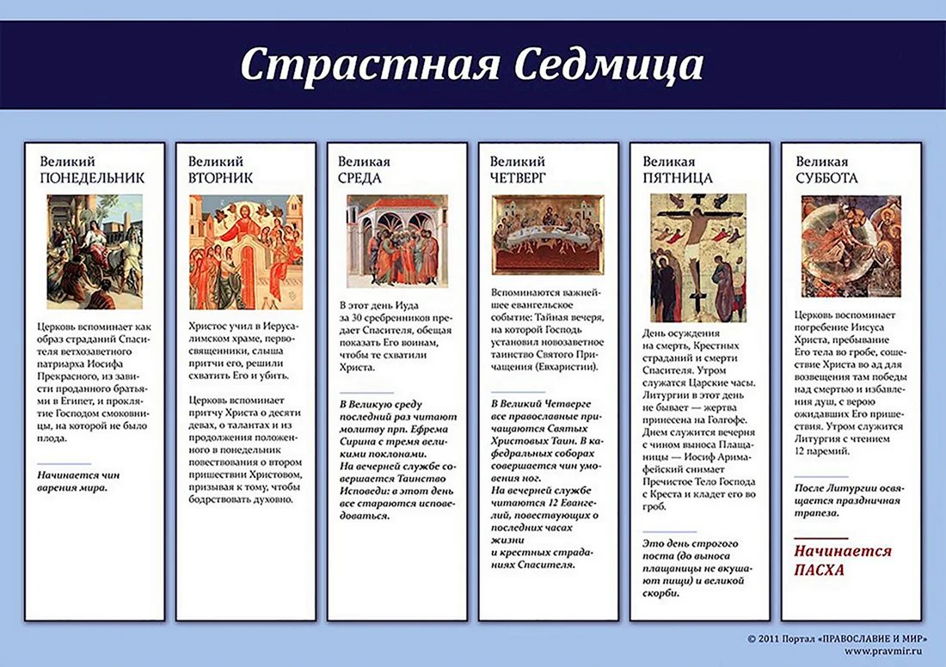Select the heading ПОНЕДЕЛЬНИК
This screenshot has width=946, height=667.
(92, 178)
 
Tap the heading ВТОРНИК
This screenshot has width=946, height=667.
(220, 178)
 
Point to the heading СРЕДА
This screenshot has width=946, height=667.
(359, 178)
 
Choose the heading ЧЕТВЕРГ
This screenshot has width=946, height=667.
(518, 178)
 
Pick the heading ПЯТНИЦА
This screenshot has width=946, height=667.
(678, 178)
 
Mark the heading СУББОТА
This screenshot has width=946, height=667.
(826, 178)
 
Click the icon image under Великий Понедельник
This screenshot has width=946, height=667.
(95, 252)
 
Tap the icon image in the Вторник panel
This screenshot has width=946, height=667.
(246, 252)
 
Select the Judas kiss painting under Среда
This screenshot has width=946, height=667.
(397, 241)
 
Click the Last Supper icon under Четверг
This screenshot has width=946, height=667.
(548, 235)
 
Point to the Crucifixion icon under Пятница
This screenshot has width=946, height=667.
(698, 258)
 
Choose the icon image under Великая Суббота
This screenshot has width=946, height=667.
(851, 246)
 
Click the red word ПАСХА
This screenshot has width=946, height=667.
(819, 570)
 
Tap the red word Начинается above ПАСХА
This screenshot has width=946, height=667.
(842, 551)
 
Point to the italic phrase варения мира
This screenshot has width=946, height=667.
(72, 488)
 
